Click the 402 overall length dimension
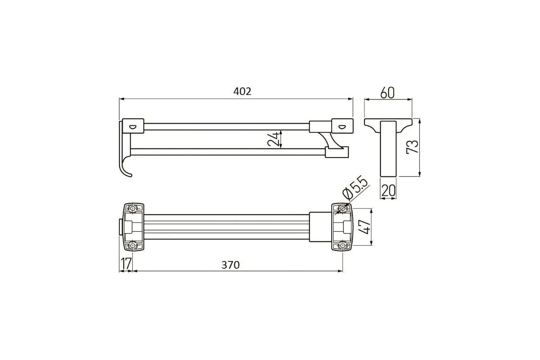(x=242, y=91)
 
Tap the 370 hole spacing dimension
(x=230, y=265)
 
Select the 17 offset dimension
(x=126, y=264)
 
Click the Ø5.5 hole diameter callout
(x=355, y=188)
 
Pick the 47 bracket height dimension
(x=364, y=227)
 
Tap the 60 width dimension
(x=387, y=93)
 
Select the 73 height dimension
(x=413, y=147)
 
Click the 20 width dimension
(x=388, y=190)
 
